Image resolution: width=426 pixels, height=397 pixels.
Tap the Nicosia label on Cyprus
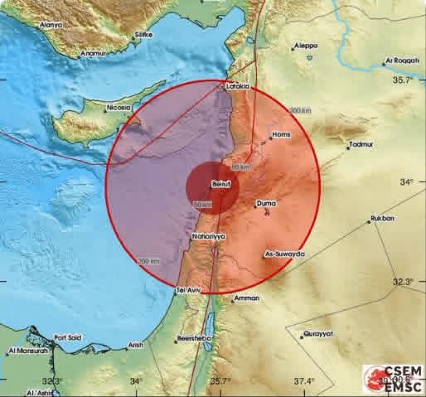(119, 108)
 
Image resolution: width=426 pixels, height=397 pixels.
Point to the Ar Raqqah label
(398, 61)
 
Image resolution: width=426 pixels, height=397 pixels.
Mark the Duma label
(267, 202)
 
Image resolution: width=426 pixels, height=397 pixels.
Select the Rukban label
(381, 219)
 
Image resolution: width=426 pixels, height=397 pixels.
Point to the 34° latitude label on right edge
(407, 182)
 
